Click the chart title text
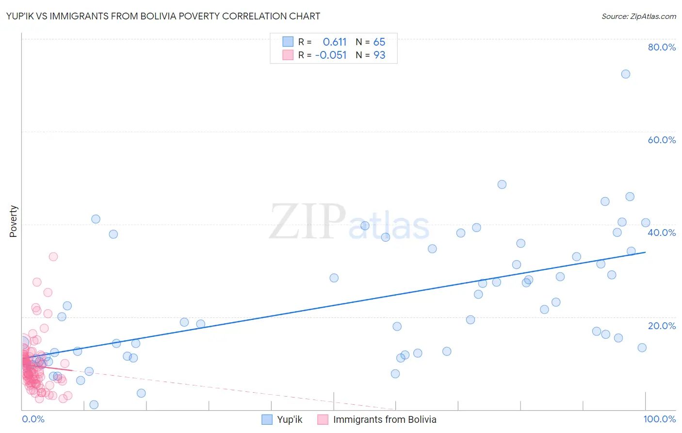163,16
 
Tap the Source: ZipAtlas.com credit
638,16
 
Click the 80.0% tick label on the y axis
662,47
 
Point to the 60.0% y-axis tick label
662,140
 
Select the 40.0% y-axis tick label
662,233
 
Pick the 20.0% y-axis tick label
662,326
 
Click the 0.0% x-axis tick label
33,419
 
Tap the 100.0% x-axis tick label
659,419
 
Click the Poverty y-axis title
13,221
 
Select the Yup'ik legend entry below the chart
289,420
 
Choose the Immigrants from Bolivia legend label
384,420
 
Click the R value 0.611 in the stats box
335,42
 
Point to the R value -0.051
331,55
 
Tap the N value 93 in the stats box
379,55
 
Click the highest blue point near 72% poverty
626,74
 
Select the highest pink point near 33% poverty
53,257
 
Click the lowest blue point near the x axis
94,405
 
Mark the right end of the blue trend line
646,252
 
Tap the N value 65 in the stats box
379,42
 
